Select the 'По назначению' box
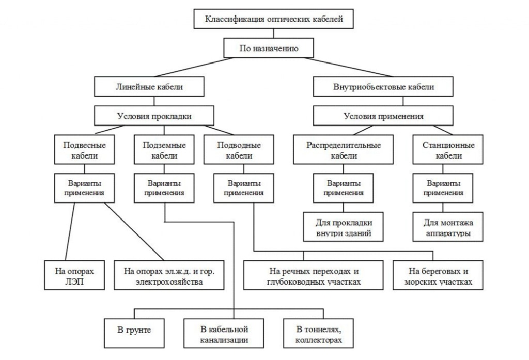tap(269, 49)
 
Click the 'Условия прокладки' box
tap(153, 116)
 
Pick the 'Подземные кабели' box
tap(164, 150)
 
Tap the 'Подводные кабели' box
tap(239, 150)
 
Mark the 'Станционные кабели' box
tap(448, 150)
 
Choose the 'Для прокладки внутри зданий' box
tap(344, 227)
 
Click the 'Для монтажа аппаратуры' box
tap(448, 227)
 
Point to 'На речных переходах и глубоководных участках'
tap(314, 275)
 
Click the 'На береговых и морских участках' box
tap(439, 275)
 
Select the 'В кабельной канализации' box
tap(224, 334)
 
